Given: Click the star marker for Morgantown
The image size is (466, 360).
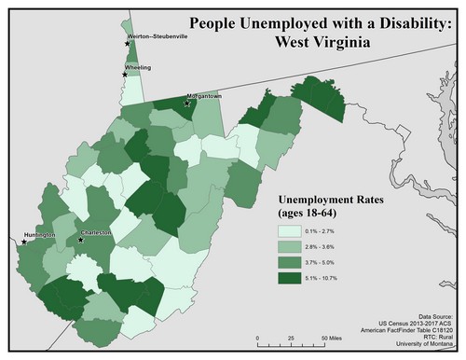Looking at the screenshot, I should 186,104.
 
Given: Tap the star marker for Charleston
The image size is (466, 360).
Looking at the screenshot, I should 81,240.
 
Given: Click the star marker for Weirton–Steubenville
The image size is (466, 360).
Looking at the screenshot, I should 128,44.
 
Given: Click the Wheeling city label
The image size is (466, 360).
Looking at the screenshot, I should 138,68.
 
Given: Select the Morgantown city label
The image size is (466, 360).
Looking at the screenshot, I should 205,96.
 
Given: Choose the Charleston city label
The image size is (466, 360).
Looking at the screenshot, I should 95,233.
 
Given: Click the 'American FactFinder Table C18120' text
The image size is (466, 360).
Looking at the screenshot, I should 406,331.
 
